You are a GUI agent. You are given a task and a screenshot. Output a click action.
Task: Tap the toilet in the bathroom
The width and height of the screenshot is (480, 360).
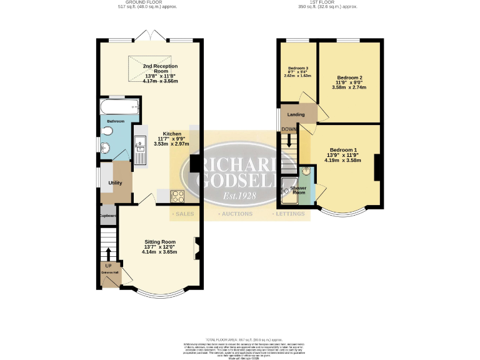click(107, 131)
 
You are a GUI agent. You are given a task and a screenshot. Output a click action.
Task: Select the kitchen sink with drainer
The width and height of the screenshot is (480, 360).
click(139, 151)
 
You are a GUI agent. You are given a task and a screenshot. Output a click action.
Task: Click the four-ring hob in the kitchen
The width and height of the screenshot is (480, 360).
click(178, 196)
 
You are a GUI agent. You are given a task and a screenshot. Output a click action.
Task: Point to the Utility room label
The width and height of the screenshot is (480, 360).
click(115, 183)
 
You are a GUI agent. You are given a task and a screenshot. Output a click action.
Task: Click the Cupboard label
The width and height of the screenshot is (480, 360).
click(108, 216)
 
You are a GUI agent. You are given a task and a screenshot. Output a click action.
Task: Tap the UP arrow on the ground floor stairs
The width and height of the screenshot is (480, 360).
click(108, 254)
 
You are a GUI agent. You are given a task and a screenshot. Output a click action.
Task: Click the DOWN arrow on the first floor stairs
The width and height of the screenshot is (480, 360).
click(289, 140)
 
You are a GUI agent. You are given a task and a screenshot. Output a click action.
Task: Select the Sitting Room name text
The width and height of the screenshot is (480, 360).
click(160, 242)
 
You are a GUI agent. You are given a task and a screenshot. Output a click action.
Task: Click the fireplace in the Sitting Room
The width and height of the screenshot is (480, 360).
click(197, 247)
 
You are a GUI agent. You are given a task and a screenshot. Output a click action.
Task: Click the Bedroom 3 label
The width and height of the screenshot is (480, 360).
click(298, 68)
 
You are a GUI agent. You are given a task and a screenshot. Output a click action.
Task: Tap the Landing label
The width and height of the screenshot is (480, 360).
click(296, 115)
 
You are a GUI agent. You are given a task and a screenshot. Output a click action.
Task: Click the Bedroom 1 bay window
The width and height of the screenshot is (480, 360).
click(340, 212)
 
